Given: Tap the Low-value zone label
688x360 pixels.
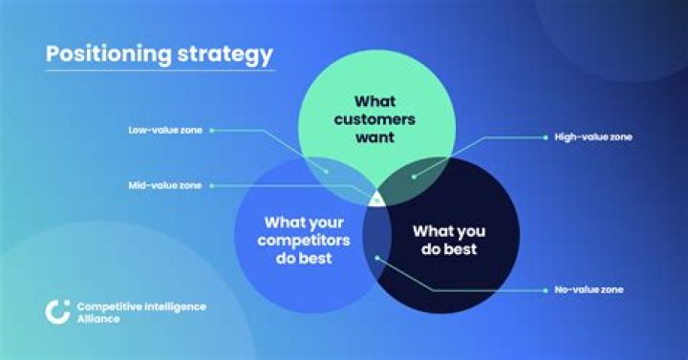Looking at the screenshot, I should [x=164, y=130].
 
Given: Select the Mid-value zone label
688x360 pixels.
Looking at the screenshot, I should [x=164, y=184].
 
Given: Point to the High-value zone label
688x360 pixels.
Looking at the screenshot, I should [x=593, y=138].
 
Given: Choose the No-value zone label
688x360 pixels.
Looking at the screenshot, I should [x=590, y=289].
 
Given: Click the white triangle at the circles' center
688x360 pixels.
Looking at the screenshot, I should [x=376, y=198].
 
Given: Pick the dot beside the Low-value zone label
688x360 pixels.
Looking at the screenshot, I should [x=211, y=130].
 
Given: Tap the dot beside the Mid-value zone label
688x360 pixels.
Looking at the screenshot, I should [x=211, y=184].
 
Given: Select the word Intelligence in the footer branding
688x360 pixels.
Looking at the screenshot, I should [x=173, y=307].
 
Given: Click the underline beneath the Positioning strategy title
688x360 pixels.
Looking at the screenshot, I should [x=160, y=70].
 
